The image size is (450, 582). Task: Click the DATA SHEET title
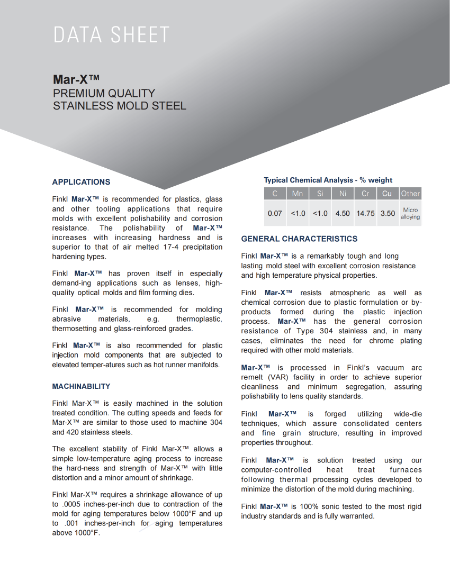pos(111,35)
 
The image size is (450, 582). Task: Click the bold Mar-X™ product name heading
pos(76,80)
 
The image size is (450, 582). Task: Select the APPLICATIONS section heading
pos(81,182)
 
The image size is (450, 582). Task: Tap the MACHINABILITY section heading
pos(81,386)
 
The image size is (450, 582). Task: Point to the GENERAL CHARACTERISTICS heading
pos(299,239)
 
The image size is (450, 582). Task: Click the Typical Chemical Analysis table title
pos(328,180)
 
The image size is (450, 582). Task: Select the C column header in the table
pos(275,194)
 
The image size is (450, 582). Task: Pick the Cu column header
pos(387,194)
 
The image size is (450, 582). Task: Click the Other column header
pos(410,194)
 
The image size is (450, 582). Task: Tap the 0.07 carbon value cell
pos(275,213)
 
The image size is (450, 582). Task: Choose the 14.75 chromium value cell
pos(365,213)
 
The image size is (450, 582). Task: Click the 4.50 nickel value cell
pos(343,213)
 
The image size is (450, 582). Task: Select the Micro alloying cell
pos(410,213)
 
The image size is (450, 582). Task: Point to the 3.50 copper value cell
pos(388,213)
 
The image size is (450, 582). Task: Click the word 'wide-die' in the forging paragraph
pos(408,414)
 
